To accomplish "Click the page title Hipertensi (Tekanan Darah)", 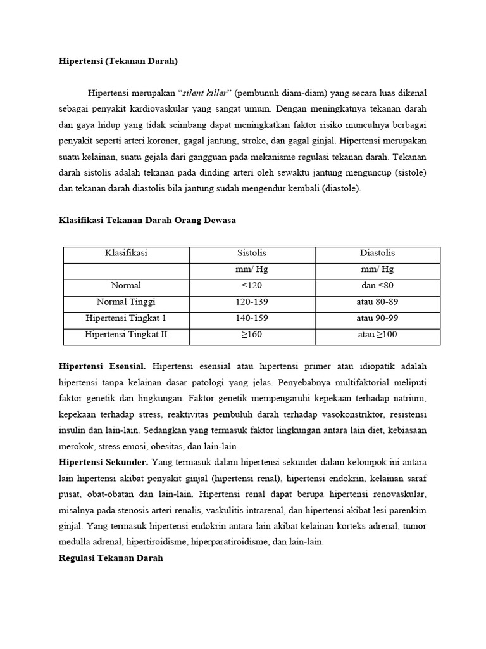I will click(118, 61).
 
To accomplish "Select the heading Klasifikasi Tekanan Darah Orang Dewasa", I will click(147, 220).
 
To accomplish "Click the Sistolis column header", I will click(252, 253).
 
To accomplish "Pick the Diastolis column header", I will click(377, 253).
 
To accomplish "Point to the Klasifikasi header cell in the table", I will click(126, 253).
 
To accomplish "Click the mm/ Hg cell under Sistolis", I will click(252, 269).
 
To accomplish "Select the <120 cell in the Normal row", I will click(252, 285).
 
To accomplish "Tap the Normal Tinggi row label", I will click(126, 302).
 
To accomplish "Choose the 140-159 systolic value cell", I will click(252, 318).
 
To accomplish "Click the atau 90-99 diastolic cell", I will click(377, 318).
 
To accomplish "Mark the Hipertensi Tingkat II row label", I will click(126, 335).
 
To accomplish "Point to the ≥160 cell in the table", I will click(252, 335).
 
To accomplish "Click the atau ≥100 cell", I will click(377, 335).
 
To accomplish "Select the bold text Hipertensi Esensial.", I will click(103, 366).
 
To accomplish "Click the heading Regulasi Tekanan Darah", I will click(111, 558).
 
